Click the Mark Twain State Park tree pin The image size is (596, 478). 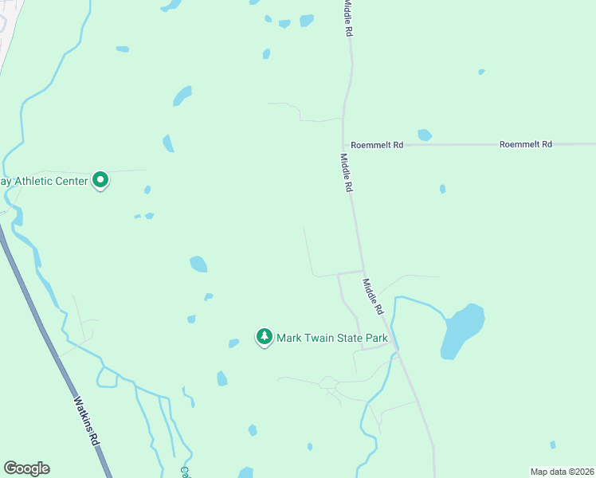coord(265,337)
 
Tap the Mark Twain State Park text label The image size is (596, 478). coord(331,338)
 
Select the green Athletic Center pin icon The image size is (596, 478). coord(100,180)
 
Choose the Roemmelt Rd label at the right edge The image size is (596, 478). coord(525,144)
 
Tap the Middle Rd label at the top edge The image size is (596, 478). coord(347,18)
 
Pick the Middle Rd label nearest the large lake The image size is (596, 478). coord(374,296)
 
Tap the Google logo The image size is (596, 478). coord(26,468)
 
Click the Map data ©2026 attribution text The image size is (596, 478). coord(562,472)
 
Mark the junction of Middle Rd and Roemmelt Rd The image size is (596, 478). coord(343,144)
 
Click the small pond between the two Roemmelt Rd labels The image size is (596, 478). coord(425,135)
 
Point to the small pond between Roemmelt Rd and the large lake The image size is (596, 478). coord(442,189)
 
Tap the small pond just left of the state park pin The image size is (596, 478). coord(233,343)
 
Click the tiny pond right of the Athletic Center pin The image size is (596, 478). coord(147,190)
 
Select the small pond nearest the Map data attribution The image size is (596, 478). coord(552,445)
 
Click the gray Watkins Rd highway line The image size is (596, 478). coord(48,335)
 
